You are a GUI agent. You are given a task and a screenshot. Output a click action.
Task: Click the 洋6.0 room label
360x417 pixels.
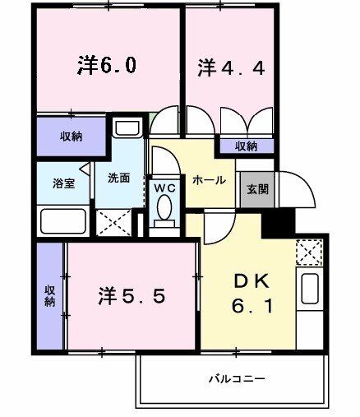(x=107, y=66)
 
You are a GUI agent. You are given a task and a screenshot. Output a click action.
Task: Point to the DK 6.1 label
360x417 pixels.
(x=252, y=294)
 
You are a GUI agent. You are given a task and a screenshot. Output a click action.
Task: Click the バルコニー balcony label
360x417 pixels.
(x=236, y=379)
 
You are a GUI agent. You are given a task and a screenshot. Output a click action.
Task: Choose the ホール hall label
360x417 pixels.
(x=209, y=180)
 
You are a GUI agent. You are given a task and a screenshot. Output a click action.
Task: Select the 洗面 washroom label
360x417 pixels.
(x=118, y=177)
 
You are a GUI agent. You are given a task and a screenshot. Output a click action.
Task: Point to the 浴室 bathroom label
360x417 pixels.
(x=64, y=183)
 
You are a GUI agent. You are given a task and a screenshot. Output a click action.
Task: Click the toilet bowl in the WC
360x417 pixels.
(x=164, y=210)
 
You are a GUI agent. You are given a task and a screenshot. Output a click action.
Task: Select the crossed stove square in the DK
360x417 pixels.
(x=309, y=251)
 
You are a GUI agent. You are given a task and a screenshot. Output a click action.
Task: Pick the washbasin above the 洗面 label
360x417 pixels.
(x=127, y=128)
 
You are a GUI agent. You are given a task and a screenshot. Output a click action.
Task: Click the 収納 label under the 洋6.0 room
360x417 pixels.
(x=70, y=137)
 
